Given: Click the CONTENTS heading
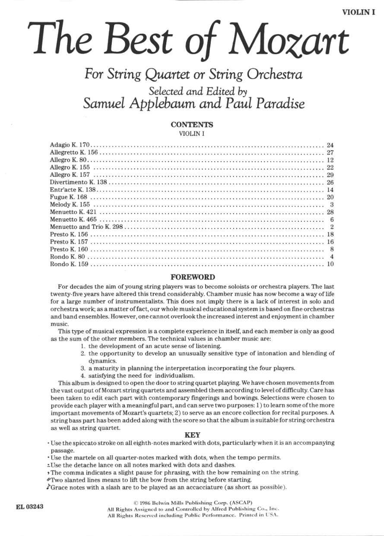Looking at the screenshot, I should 192,124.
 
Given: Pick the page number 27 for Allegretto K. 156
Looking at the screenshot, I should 330,153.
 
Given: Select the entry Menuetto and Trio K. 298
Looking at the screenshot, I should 87,227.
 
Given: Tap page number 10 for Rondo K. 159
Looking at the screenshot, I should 330,264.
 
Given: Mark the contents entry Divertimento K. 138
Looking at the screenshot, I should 78,182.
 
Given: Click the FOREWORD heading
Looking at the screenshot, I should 192,277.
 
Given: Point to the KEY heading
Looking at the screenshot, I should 192,435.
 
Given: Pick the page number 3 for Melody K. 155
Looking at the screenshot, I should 332,204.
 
